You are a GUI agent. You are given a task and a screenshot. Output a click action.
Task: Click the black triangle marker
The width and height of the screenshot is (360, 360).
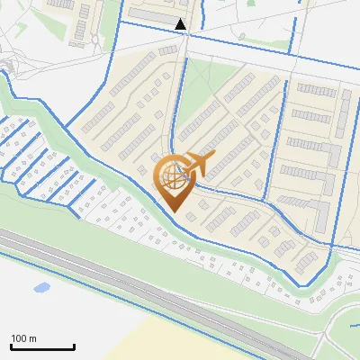(x=181, y=24)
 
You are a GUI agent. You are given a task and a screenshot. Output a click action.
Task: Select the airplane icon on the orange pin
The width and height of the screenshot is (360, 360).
(x=196, y=166)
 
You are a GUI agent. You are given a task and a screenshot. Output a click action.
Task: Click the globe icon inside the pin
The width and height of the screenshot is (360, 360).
(x=172, y=176)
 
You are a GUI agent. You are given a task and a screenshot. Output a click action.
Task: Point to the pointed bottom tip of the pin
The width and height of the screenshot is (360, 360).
(x=174, y=211)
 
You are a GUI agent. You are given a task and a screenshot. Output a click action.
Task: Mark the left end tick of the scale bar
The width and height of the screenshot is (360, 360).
(x=11, y=346)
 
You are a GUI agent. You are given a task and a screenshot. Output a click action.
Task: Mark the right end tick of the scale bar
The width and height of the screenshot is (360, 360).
(x=74, y=346)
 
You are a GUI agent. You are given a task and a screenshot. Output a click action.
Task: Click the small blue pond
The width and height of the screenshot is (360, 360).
(x=40, y=289)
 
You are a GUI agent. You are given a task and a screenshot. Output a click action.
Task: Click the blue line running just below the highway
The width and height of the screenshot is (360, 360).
(x=135, y=310)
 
